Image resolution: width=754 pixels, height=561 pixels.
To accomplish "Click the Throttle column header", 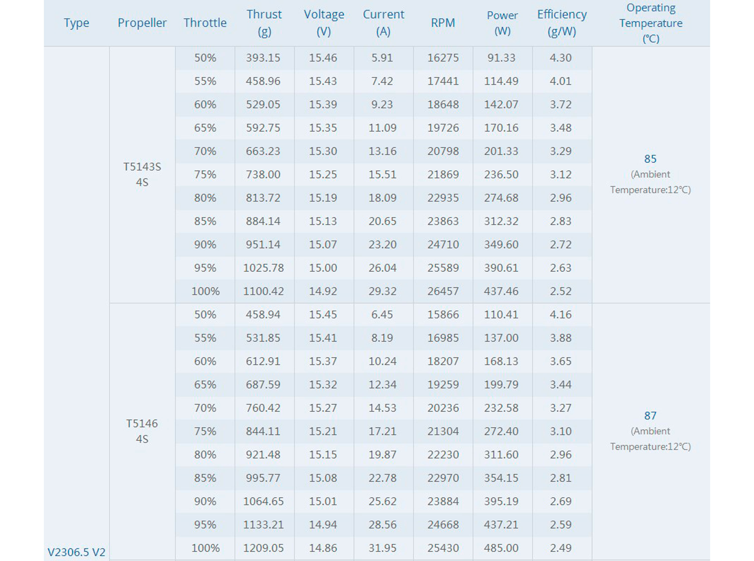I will coord(205,23).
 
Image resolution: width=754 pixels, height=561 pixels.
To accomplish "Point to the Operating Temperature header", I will coord(651,23).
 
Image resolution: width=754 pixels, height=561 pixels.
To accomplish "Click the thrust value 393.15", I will coord(263,58).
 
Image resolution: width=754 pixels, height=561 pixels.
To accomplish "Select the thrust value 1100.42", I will coord(263,291).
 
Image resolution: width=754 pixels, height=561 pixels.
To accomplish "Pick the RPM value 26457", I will coord(443,291).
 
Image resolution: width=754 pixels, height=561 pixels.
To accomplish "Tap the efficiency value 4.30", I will coord(560,58).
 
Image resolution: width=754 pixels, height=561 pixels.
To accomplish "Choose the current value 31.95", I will coord(382,548).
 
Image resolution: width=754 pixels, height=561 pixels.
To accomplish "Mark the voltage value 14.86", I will coord(323,548).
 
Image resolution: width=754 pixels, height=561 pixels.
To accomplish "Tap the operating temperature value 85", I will coord(650,159).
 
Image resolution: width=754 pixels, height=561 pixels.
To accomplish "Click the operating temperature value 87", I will coord(650,416).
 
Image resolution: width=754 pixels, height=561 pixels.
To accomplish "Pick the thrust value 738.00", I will coord(263,175).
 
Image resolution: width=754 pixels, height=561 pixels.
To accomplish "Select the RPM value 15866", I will coord(443,314).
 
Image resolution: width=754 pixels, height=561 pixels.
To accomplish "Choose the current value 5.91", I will coord(382,58).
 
